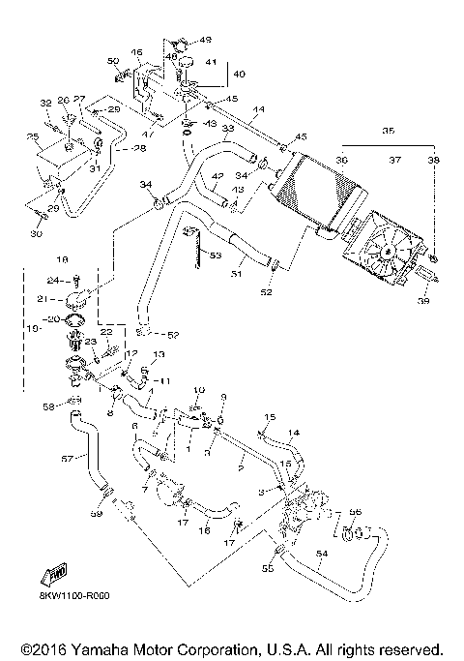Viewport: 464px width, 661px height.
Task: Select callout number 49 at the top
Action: (205, 40)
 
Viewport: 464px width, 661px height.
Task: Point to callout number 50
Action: (112, 61)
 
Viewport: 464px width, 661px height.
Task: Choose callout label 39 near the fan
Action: (422, 302)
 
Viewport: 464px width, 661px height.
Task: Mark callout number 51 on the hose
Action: (236, 275)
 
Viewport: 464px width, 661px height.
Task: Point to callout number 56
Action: (355, 512)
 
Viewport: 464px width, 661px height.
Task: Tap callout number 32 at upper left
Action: (44, 103)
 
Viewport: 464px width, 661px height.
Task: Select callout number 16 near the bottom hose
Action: (204, 530)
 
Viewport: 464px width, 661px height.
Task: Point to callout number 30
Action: (38, 232)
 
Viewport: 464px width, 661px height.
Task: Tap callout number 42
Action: (218, 176)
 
